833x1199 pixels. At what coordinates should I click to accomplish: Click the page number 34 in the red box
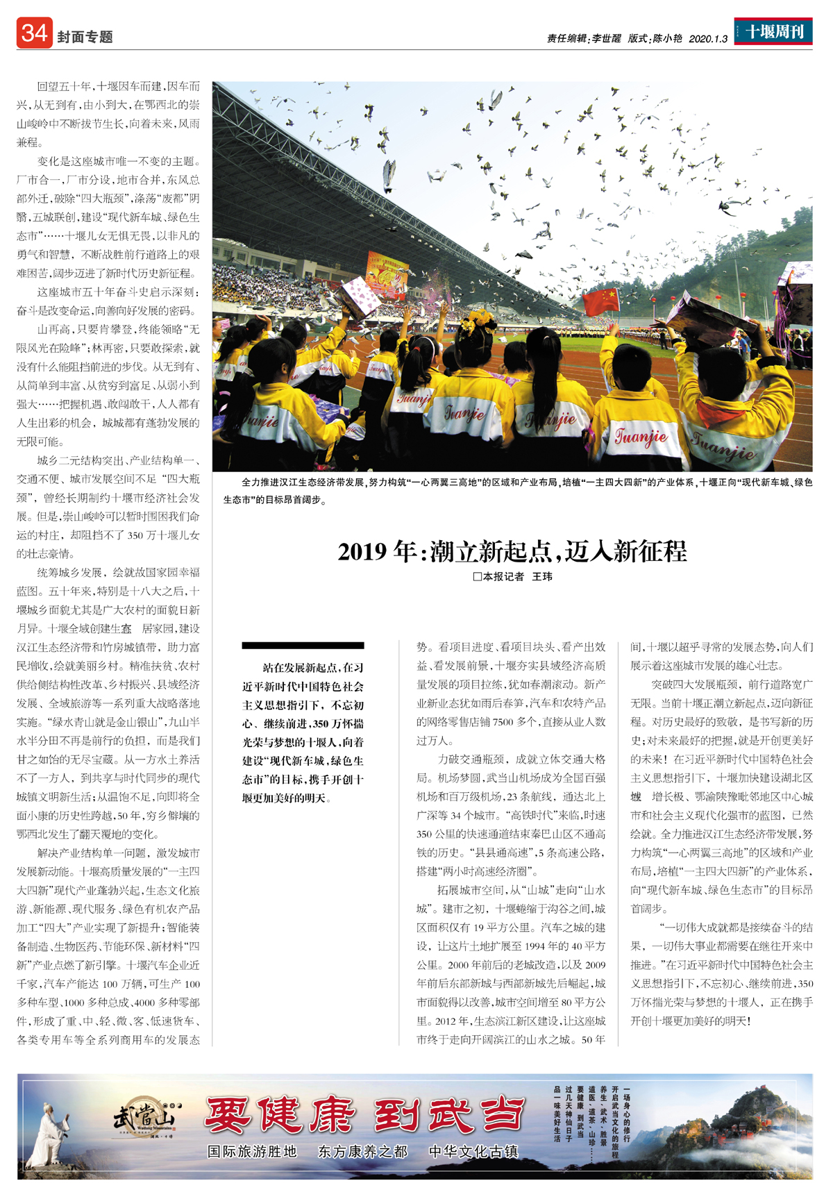(34, 33)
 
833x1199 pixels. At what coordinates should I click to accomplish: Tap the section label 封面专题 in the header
(85, 37)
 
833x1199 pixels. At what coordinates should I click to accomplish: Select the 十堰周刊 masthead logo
(773, 32)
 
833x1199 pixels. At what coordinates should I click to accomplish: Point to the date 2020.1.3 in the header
(708, 39)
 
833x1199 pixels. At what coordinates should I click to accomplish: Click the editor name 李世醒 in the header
(606, 39)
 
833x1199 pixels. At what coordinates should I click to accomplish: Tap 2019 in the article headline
(361, 552)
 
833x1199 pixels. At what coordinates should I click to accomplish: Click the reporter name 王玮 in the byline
(542, 576)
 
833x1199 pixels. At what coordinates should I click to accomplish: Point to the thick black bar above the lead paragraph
(303, 646)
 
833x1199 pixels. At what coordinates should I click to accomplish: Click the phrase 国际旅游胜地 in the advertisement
(252, 1152)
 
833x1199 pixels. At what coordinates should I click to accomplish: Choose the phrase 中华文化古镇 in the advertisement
(473, 1152)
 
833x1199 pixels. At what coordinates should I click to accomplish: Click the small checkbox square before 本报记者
(477, 576)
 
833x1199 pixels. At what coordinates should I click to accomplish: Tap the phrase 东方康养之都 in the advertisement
(362, 1152)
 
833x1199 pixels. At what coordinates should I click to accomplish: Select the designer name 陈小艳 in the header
(667, 39)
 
